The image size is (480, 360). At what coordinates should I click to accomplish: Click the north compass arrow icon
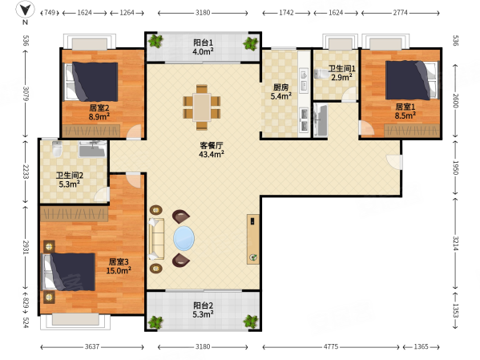[25, 9]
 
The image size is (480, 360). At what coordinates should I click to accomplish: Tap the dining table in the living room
[201, 107]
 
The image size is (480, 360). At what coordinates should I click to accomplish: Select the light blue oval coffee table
[184, 238]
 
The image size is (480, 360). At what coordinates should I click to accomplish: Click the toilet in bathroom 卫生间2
[57, 149]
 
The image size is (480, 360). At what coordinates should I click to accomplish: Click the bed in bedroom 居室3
[68, 272]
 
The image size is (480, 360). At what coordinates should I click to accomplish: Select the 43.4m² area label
[212, 154]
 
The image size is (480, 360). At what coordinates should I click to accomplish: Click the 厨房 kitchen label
[280, 87]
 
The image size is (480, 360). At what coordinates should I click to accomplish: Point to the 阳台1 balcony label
[203, 42]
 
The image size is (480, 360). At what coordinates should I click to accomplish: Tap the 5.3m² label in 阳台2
[203, 314]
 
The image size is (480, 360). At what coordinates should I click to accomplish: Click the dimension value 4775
[331, 347]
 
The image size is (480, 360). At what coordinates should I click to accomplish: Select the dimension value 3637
[92, 347]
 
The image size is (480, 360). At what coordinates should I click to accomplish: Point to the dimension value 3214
[455, 243]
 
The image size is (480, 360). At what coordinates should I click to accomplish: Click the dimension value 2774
[400, 13]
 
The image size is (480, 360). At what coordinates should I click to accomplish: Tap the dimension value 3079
[26, 94]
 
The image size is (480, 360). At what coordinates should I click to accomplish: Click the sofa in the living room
[156, 239]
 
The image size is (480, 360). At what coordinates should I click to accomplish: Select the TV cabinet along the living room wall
[253, 239]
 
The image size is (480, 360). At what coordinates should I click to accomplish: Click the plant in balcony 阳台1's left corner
[155, 41]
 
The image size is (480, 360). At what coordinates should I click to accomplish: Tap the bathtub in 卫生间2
[92, 149]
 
